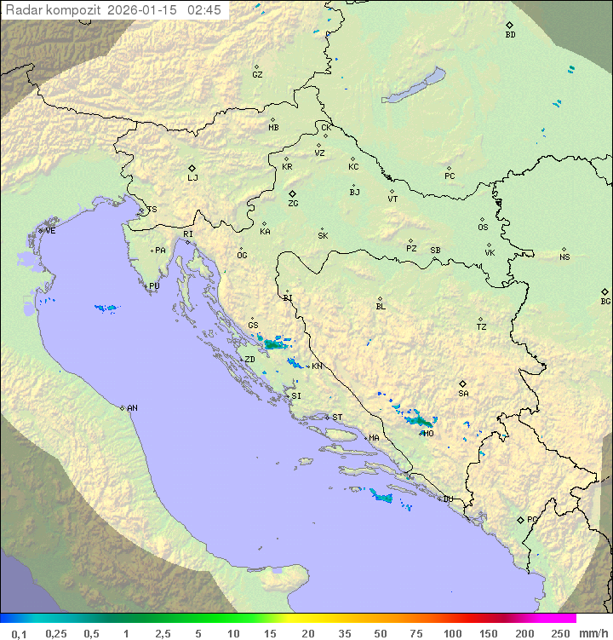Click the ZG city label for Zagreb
[293, 204]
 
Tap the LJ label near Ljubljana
[192, 178]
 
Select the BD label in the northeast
[510, 35]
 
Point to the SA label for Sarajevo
[463, 394]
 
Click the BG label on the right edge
[605, 302]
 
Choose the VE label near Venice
[50, 231]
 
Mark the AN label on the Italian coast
[132, 408]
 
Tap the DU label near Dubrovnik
[448, 499]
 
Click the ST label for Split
[337, 418]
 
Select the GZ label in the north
[257, 75]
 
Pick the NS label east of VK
[564, 257]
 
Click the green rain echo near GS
[273, 344]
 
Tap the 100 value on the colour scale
[452, 633]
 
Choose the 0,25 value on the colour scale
[56, 633]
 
